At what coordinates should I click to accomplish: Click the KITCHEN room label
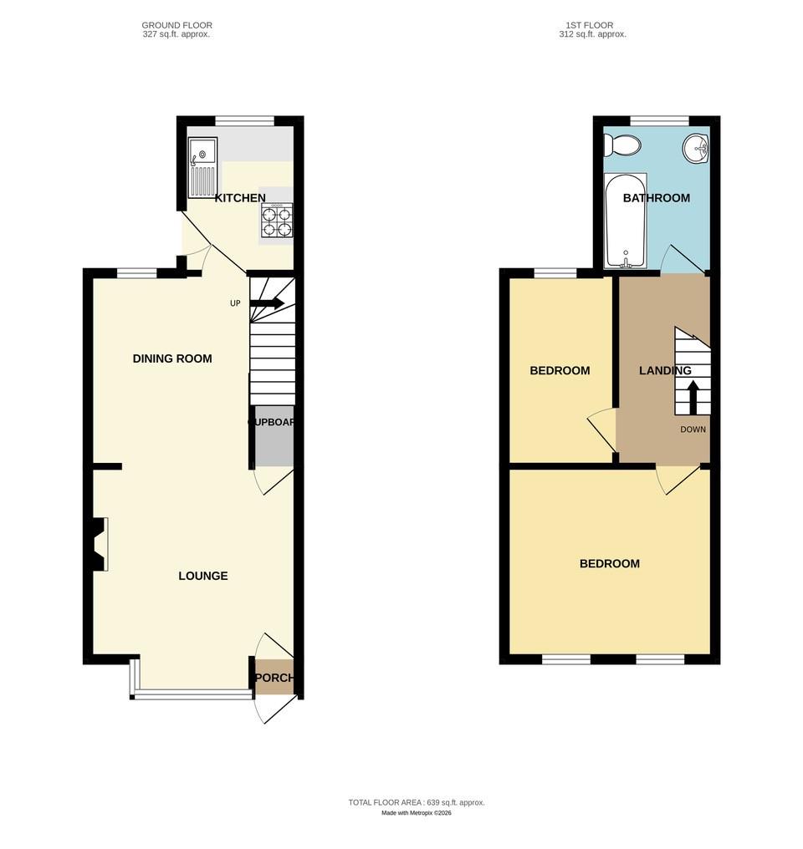pos(240,198)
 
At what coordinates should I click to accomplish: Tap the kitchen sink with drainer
pos(202,167)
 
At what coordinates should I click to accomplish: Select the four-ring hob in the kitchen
pos(277,220)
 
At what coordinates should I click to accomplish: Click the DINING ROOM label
pos(172,358)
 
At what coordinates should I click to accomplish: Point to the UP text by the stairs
pos(235,303)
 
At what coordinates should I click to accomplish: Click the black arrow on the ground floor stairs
pos(267,303)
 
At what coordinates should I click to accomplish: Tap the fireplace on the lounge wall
pos(100,545)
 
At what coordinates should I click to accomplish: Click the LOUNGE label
pos(203,576)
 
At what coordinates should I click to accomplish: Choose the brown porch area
pos(274,678)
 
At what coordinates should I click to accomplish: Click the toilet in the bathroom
pos(623,146)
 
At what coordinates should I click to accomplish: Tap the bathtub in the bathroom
pos(626,220)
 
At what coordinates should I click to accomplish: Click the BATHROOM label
pos(657,198)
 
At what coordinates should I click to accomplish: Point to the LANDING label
pos(665,370)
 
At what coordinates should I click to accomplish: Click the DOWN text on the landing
pos(693,430)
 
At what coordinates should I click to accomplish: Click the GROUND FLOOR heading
pos(176,26)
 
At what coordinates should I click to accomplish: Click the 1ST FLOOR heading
pos(592,26)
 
